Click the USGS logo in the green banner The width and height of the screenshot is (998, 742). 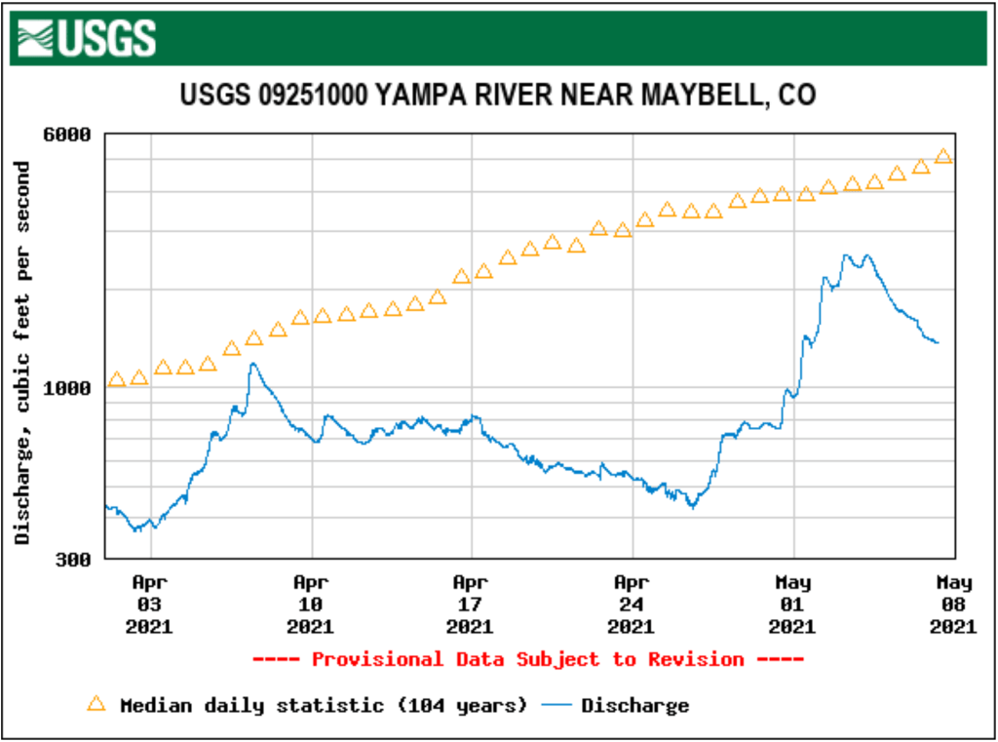coord(85,38)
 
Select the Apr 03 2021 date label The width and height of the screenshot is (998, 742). coord(150,605)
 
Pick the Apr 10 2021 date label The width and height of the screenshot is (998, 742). coord(311,605)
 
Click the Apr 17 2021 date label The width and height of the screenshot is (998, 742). coord(472,605)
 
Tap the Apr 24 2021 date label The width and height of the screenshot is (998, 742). coord(633,605)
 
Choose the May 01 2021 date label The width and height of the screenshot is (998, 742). coord(793,605)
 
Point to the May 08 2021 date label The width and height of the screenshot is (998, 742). coord(953,605)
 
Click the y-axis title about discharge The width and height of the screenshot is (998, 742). coord(22,353)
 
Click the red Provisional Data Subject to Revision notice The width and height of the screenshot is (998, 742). coord(527,660)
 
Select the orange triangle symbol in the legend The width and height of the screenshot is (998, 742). coord(96,704)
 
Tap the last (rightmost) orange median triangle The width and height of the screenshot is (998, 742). coord(942,156)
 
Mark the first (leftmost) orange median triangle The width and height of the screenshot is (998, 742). coord(116,379)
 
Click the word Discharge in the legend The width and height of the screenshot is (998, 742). coord(635,705)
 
